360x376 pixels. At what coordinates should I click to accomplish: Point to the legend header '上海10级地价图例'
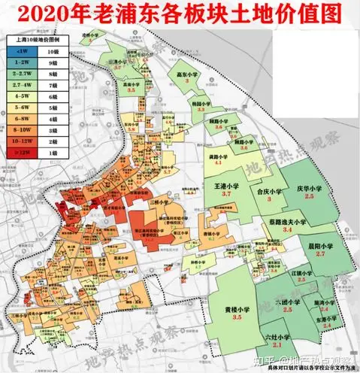(x=38, y=37)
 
